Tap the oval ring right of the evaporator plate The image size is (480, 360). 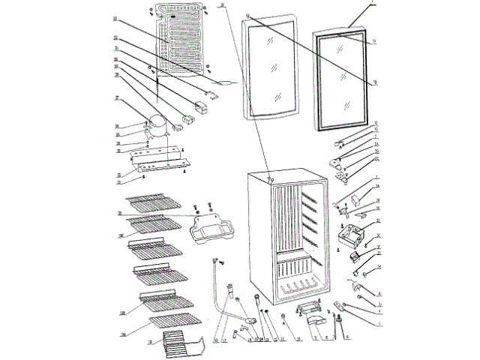pos(228,84)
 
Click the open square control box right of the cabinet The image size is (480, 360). pos(349,236)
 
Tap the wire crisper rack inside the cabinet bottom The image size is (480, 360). pos(297,288)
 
